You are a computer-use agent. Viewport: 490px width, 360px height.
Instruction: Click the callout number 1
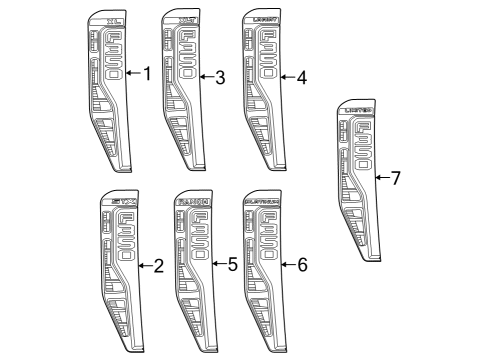click(147, 74)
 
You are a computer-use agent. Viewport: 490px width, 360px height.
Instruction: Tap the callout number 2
click(157, 266)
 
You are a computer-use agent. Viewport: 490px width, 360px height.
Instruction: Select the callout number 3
click(219, 76)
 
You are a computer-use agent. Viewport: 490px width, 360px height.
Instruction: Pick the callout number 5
click(232, 265)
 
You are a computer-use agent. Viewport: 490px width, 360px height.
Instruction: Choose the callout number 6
click(301, 265)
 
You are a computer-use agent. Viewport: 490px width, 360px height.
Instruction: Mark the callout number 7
click(395, 178)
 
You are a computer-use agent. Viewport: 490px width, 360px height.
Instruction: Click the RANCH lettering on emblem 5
click(194, 202)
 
